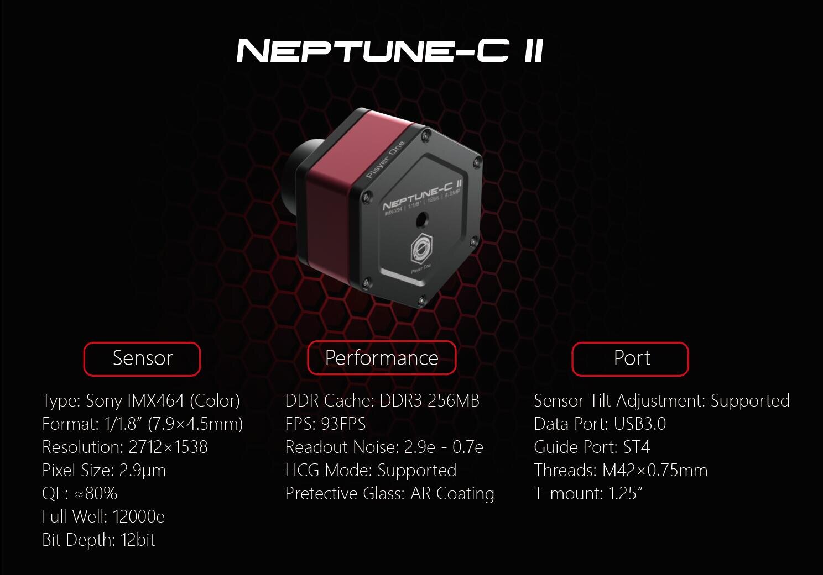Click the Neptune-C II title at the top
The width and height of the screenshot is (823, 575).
[x=390, y=50]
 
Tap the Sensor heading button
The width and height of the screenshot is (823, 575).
[x=142, y=358]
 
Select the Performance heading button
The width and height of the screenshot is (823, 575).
[x=382, y=358]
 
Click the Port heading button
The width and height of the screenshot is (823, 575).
[x=630, y=358]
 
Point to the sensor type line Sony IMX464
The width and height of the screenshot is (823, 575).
[x=141, y=400]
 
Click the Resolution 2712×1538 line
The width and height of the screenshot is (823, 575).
[x=125, y=447]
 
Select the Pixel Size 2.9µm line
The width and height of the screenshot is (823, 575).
[x=104, y=471]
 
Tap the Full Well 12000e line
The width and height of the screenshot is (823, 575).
[x=103, y=516]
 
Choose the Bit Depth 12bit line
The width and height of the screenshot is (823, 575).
[x=98, y=540]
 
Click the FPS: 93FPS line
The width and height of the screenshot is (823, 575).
[x=326, y=424]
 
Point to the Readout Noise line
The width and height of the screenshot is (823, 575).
[x=384, y=447]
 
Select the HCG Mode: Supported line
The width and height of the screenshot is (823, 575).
[x=371, y=471]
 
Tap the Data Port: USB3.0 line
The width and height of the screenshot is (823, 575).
[x=600, y=424]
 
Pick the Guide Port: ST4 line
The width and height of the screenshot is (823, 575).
[x=592, y=447]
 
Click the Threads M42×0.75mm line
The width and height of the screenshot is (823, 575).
[x=621, y=471]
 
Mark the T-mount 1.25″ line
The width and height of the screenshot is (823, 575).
[x=588, y=494]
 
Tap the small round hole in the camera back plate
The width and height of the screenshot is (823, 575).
[x=421, y=220]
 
